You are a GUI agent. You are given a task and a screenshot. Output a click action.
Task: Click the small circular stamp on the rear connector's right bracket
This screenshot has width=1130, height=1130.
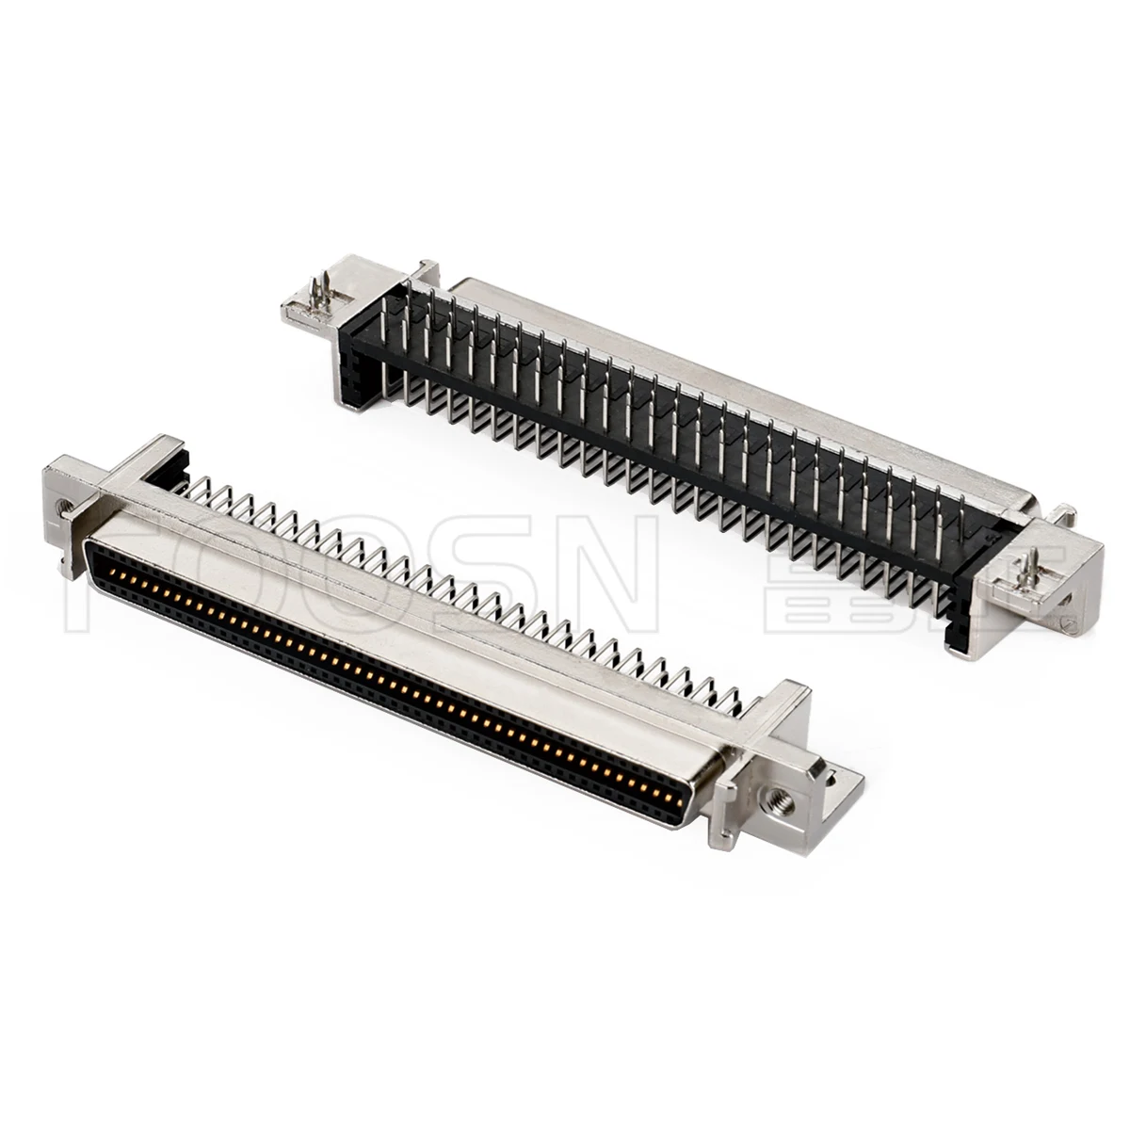tap(1067, 622)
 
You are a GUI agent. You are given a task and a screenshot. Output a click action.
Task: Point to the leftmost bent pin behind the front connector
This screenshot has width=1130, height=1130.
tap(188, 490)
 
